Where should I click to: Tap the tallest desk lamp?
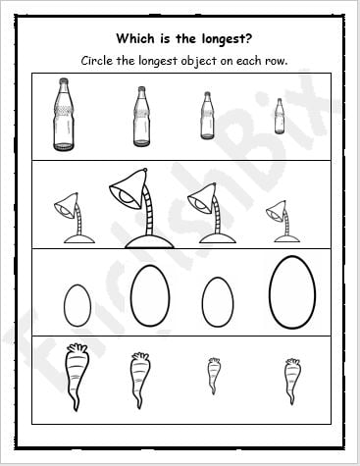click(x=136, y=205)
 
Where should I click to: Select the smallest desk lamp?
click(x=279, y=221)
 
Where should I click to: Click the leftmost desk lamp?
click(x=73, y=217)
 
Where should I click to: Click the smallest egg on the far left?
click(x=77, y=304)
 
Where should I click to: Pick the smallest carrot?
click(x=214, y=375)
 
